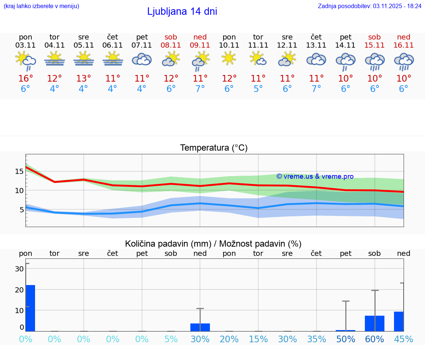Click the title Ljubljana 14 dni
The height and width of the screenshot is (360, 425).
(182, 11)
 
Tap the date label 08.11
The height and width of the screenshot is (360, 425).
(171, 45)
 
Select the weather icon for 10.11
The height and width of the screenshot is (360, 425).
(229, 58)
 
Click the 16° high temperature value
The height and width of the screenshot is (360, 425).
(25, 78)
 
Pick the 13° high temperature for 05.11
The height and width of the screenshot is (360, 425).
(84, 78)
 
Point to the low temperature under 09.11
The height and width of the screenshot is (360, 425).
(200, 89)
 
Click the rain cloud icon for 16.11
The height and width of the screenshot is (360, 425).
(404, 61)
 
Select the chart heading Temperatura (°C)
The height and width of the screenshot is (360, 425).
(214, 148)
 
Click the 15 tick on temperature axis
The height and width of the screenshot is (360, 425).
(19, 171)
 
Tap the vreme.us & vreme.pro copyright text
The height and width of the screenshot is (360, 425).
(315, 176)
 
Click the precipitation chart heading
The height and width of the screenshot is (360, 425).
(213, 244)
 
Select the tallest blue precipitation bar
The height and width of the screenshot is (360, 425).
(30, 308)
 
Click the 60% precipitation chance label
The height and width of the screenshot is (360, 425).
(374, 339)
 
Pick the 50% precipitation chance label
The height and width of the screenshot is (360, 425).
(346, 339)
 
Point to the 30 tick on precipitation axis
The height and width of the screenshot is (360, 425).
(19, 269)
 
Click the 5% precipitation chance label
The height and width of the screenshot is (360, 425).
(171, 339)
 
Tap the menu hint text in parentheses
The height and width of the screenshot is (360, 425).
(41, 6)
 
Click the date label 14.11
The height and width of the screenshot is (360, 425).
(345, 45)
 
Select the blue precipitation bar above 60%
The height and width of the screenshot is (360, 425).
(374, 323)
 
